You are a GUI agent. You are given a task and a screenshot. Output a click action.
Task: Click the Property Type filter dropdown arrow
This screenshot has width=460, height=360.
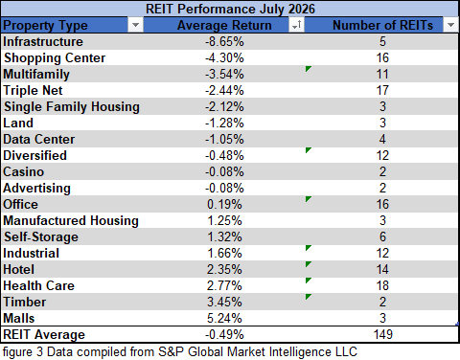click(x=135, y=25)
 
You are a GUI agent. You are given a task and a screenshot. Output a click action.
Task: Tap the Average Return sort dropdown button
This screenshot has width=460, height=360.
click(x=296, y=25)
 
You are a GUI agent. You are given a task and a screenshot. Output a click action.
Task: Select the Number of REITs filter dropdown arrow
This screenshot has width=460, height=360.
click(x=450, y=25)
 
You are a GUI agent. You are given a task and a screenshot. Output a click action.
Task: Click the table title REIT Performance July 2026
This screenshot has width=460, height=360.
click(x=230, y=9)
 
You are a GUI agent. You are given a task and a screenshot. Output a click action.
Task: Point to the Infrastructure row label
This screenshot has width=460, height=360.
click(x=43, y=41)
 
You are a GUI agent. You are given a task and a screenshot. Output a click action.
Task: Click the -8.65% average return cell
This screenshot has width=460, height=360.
click(x=224, y=41)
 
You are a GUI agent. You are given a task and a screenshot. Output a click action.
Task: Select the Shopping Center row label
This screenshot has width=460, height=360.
click(x=55, y=58)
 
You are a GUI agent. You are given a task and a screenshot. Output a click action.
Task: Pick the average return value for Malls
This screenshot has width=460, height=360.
click(x=224, y=318)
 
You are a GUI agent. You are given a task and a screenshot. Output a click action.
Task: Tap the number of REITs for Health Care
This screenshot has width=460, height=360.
click(x=382, y=285)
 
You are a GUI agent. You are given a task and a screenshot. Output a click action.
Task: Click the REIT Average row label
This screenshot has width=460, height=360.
click(x=44, y=334)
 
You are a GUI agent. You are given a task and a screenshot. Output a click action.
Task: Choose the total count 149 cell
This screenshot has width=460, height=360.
click(x=382, y=334)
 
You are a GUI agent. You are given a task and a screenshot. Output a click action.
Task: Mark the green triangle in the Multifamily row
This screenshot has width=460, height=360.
click(x=308, y=69)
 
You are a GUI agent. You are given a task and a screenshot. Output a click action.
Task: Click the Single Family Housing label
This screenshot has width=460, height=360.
click(x=72, y=107)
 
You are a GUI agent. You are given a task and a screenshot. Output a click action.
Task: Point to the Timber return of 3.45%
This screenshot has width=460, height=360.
click(x=224, y=302)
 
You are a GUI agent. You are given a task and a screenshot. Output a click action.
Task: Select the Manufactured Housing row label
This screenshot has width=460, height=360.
click(x=71, y=221)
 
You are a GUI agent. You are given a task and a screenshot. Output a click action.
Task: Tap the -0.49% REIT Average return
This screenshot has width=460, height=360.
click(x=224, y=334)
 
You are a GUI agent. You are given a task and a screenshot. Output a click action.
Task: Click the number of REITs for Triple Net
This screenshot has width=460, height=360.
click(x=382, y=90)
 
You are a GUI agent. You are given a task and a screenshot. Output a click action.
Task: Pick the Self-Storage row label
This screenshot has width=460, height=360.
click(x=41, y=237)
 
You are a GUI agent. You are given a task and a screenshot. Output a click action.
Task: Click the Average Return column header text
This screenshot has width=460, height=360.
click(x=224, y=25)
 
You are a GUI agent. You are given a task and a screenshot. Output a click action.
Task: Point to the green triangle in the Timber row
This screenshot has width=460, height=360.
click(x=308, y=297)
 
